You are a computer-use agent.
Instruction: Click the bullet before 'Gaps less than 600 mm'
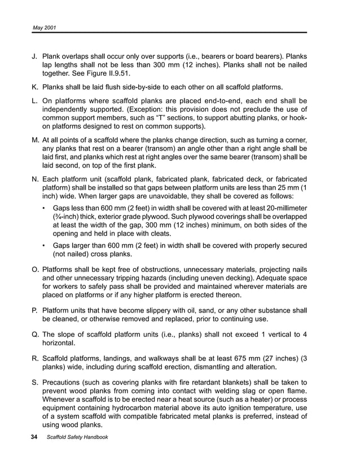(x=45, y=208)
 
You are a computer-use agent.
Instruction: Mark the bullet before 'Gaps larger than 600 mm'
(x=45, y=245)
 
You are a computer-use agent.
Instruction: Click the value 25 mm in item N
(x=285, y=187)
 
